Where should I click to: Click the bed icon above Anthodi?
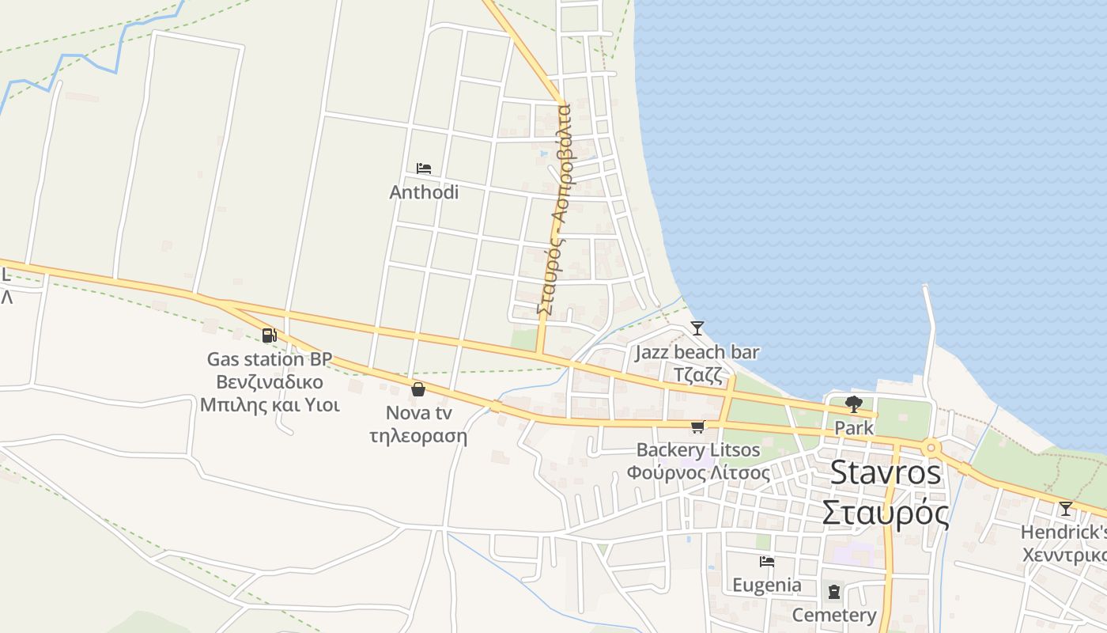424,169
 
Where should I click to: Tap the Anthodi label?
424,192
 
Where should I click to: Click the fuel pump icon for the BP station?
270,335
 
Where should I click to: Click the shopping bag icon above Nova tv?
417,389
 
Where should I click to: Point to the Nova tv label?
418,413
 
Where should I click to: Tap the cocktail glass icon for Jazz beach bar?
697,328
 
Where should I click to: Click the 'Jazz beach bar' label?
697,352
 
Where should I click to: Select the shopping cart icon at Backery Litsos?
697,427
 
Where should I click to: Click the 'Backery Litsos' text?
698,450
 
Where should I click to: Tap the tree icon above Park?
853,404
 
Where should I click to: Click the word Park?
854,428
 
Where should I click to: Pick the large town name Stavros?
886,473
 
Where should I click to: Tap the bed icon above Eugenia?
766,562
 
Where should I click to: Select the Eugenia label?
766,586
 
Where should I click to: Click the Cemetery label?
834,615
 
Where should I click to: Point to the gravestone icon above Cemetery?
833,591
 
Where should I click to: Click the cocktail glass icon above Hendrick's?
1066,508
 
